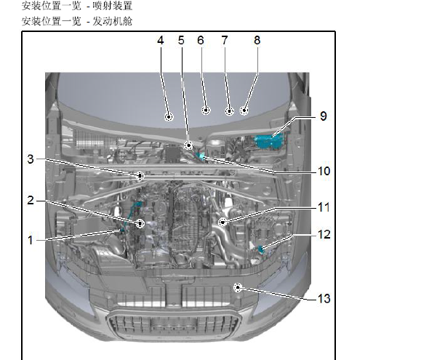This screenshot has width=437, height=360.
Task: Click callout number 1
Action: coord(31,240)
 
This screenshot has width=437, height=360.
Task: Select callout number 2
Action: coord(31,200)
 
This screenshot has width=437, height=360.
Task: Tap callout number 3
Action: coord(31,159)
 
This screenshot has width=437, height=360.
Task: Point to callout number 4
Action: coord(160,40)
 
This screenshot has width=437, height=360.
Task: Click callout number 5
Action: coord(181,40)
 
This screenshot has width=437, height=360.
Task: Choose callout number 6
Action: coord(201,40)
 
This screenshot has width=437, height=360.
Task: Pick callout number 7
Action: coord(225,40)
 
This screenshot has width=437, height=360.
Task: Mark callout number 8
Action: coord(257,40)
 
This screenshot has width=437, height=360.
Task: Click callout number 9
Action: coord(324,116)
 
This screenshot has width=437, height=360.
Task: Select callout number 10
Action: coord(324,171)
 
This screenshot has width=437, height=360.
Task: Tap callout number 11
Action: coord(324,207)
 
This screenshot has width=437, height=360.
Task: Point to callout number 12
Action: coord(324,234)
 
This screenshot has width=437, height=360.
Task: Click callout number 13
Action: coord(324,298)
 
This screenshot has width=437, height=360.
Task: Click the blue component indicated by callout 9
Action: coord(268,141)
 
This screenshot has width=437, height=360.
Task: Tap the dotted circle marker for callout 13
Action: coord(238,287)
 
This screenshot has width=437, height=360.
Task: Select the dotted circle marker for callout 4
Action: coord(169,117)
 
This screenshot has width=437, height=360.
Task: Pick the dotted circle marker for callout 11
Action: coord(222,222)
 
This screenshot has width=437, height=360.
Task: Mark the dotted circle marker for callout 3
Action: coord(140,176)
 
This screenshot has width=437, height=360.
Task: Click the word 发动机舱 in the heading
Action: coord(112,21)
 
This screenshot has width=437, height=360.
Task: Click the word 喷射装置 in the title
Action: coord(112,6)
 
